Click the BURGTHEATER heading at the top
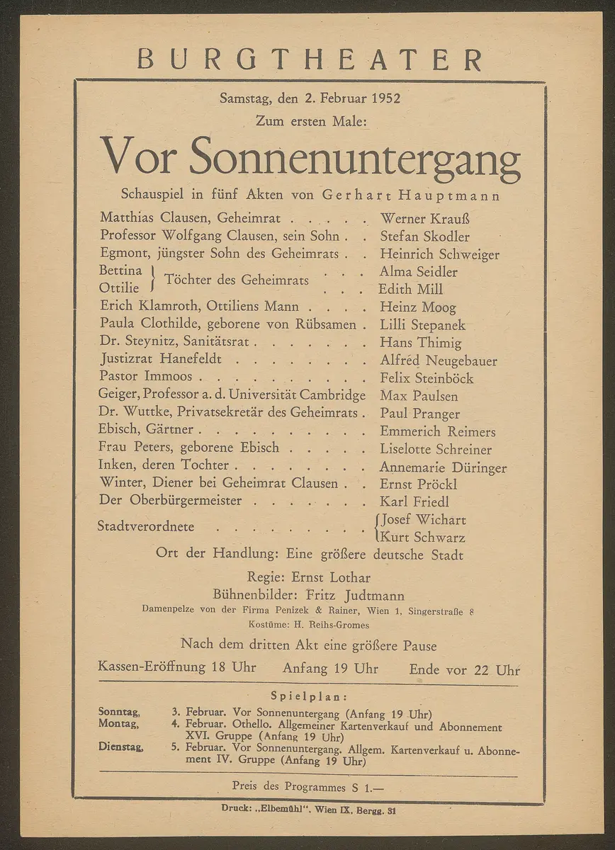coord(309,59)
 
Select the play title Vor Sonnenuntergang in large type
coord(310,157)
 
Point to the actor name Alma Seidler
coord(419,272)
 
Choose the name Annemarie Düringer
coord(443,467)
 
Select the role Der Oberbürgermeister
coord(171,501)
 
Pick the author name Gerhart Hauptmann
coord(411,195)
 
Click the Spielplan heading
coord(309,696)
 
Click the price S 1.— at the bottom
coord(366,786)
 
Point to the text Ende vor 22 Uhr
coord(464,669)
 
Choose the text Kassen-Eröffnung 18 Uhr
coord(176,667)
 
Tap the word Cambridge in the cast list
coord(332,396)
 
